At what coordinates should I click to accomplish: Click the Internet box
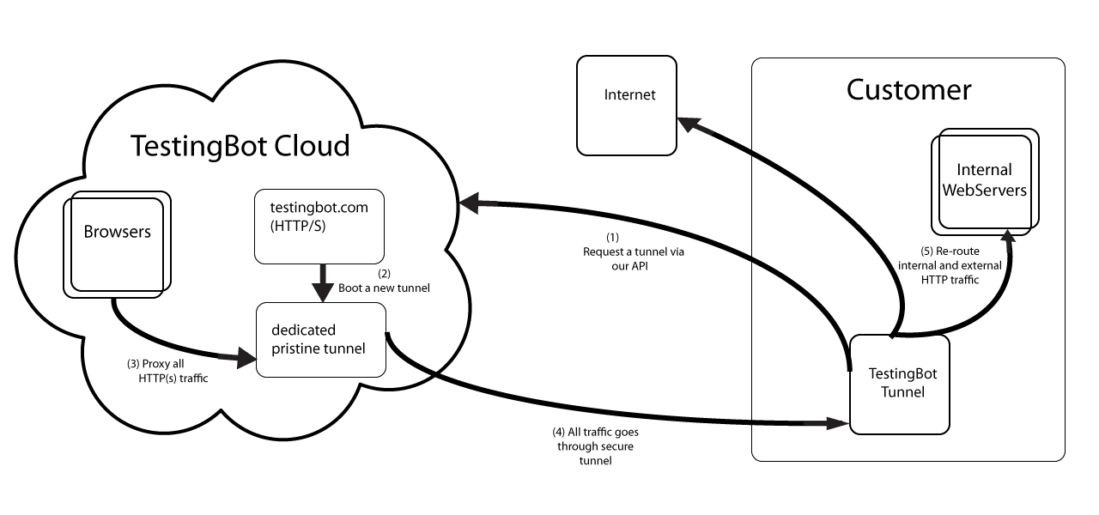[x=627, y=106]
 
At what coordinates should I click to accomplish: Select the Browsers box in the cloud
[x=116, y=245]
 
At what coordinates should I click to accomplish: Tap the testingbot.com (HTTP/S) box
[x=319, y=227]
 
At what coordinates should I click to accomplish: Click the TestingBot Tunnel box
[x=902, y=383]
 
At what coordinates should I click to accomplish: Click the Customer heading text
[x=908, y=90]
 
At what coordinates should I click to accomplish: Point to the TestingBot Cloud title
[x=240, y=146]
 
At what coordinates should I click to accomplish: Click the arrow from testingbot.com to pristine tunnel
[x=322, y=282]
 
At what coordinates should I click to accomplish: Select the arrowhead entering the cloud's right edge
[x=470, y=203]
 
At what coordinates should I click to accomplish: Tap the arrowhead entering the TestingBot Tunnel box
[x=840, y=422]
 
